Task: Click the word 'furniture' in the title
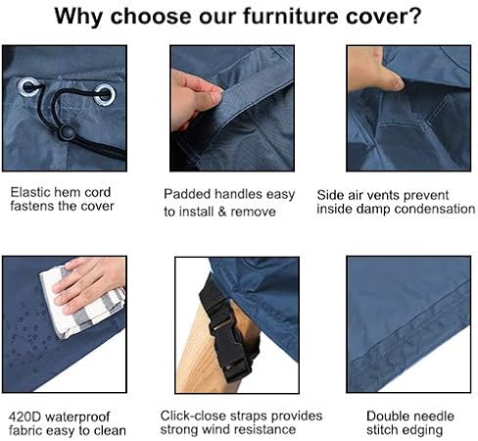[x=291, y=16]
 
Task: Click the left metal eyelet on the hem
[x=29, y=87]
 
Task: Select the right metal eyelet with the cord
[x=105, y=95]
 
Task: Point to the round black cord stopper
[x=67, y=132]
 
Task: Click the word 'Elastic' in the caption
[x=30, y=192]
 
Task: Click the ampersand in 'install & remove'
[x=221, y=212]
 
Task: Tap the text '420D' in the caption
[x=24, y=416]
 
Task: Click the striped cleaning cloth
[x=81, y=302]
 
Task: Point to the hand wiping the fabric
[x=89, y=283]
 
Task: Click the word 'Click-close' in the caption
[x=194, y=416]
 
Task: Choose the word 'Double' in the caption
[x=387, y=416]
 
